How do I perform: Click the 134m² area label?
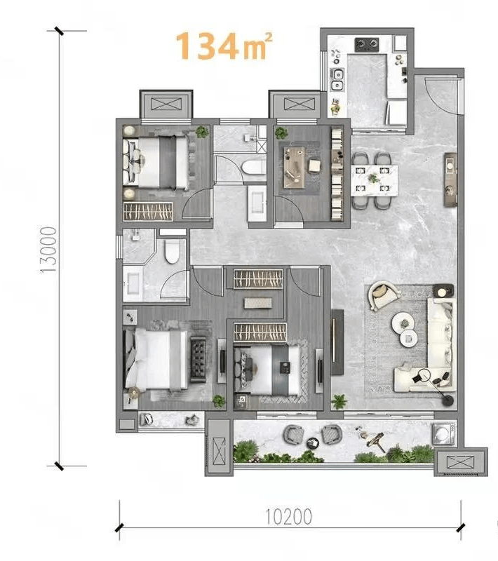pos(224,46)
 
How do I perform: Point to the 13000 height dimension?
pos(48,250)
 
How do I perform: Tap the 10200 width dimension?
pos(288,516)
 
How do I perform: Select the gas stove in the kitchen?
pos(367,44)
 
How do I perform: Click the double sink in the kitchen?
pos(337,79)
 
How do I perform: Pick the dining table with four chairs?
pos(375,180)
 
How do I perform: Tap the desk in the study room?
pos(295,167)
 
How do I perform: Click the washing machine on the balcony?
pos(443,433)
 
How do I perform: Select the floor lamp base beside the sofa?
pos(447,400)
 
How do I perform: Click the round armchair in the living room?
pos(384,295)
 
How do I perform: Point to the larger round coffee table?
pos(403,323)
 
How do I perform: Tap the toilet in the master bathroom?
pos(172,251)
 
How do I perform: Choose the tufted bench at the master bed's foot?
pos(198,359)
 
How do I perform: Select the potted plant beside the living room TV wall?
pos(339,401)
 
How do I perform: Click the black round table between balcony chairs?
pos(313,443)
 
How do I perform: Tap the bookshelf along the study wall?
pos(337,174)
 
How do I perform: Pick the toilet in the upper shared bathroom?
pos(254,167)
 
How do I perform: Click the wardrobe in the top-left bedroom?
pos(148,212)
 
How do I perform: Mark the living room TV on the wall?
pos(337,342)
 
